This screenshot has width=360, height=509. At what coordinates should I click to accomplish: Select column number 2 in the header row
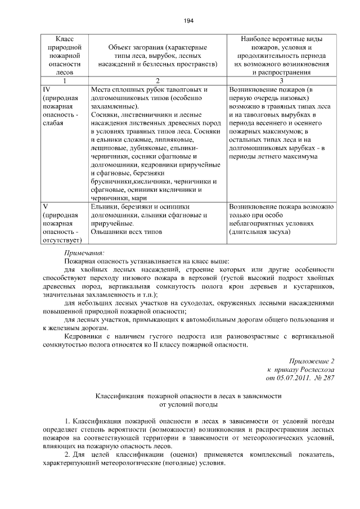pyautogui.click(x=157, y=80)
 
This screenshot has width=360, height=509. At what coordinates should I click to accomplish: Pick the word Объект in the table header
pyautogui.click(x=120, y=48)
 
